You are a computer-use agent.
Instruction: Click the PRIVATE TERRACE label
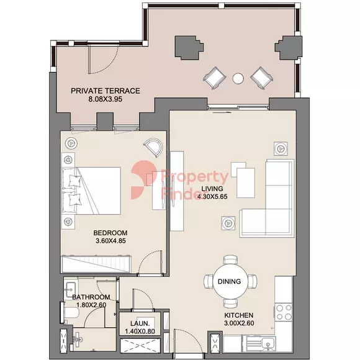[106, 91]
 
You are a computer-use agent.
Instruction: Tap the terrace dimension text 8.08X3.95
[106, 99]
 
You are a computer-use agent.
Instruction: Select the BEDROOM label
[110, 233]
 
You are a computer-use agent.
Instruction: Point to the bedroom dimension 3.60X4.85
[110, 241]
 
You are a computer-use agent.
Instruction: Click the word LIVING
[212, 189]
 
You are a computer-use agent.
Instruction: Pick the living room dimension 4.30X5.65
[212, 197]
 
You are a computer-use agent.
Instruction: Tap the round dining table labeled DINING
[230, 281]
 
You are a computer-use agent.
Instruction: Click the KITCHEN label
[239, 315]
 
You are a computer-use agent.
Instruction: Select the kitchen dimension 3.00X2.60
[239, 323]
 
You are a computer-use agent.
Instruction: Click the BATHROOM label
[91, 297]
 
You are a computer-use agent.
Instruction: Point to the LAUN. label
[140, 323]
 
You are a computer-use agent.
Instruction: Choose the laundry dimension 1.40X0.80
[140, 331]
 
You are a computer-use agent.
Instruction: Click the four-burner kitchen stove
[284, 312]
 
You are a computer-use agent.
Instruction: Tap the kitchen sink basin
[268, 344]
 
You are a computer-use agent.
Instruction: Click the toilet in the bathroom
[71, 312]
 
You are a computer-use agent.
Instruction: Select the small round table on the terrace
[238, 79]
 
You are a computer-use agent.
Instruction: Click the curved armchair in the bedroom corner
[153, 147]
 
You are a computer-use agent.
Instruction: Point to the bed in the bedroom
[91, 191]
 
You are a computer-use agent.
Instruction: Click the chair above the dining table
[230, 260]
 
